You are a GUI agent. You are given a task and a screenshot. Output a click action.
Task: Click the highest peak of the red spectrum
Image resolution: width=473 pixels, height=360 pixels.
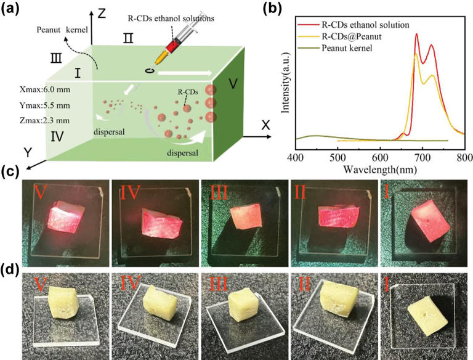pos(417,35)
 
